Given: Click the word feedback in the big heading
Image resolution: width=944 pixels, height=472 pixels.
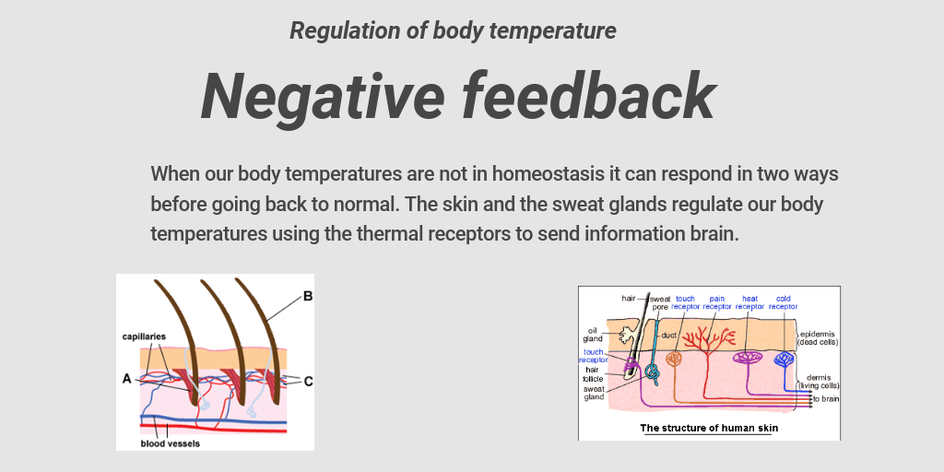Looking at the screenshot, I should (x=589, y=96).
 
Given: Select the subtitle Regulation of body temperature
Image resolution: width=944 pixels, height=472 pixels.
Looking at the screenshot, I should (x=453, y=30).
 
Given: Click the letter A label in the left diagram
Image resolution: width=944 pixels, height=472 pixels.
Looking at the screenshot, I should (x=126, y=377).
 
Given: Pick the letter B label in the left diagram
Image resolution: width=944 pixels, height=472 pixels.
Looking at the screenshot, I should (x=307, y=297).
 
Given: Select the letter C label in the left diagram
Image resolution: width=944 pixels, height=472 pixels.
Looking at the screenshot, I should (x=307, y=380).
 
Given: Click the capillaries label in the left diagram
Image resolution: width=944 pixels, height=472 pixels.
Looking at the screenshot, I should (x=144, y=336).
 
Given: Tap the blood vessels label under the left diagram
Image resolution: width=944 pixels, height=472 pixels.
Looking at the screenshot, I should (x=170, y=443).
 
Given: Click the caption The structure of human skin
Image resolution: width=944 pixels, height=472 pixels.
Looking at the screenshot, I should (x=709, y=428).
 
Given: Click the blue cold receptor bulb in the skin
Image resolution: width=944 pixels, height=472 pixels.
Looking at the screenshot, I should (x=785, y=359).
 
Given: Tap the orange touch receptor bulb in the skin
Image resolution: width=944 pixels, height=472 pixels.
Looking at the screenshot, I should (x=675, y=359).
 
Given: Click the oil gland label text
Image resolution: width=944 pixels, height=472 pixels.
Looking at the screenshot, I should (x=594, y=334).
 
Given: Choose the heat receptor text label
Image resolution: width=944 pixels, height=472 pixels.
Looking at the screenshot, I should (x=750, y=302).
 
